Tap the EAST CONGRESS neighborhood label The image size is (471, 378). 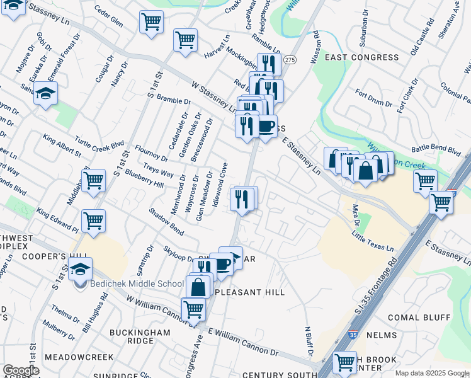[x=361, y=57]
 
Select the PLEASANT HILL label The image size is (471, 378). [x=250, y=292]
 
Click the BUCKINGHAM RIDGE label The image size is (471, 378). [x=140, y=336]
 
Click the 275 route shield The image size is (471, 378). [x=290, y=59]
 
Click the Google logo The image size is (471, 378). [x=21, y=370]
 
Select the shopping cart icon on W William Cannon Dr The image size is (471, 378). [x=193, y=309]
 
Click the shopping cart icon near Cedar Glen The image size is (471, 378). [x=151, y=22]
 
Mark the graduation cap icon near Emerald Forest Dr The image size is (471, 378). [x=46, y=94]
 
